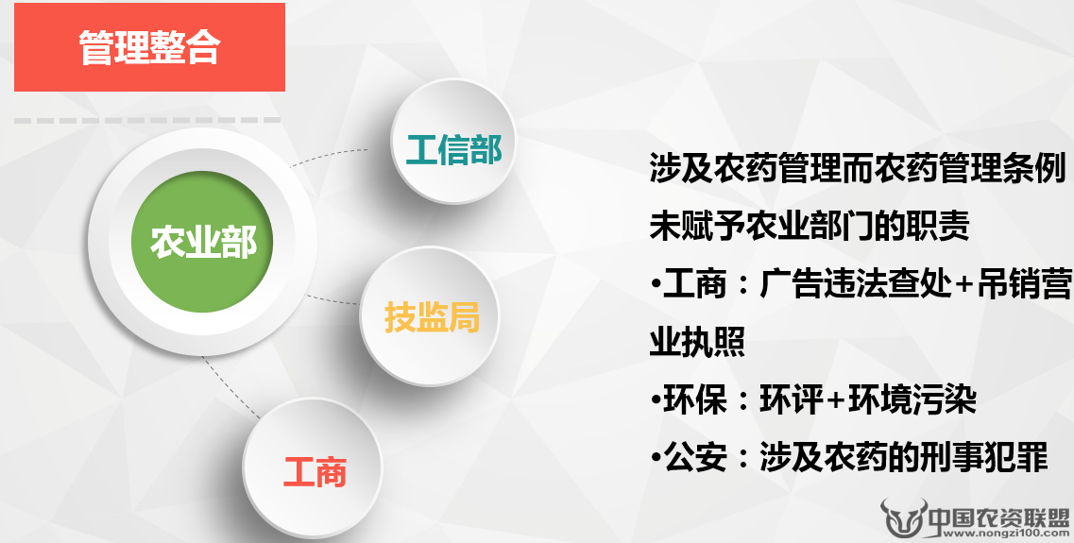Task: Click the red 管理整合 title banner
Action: click(x=149, y=47)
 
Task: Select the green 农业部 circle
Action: click(x=202, y=242)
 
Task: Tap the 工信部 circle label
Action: click(x=453, y=150)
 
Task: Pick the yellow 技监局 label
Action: click(x=432, y=317)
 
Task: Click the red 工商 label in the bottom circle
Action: click(x=315, y=472)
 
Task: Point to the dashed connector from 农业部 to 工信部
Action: click(x=328, y=155)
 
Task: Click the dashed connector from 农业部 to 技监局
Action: click(x=332, y=300)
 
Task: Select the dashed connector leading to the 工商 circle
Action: click(x=230, y=387)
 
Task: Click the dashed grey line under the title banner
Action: click(x=147, y=121)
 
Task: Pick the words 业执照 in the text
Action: click(x=697, y=340)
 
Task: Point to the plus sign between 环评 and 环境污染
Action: click(x=836, y=399)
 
